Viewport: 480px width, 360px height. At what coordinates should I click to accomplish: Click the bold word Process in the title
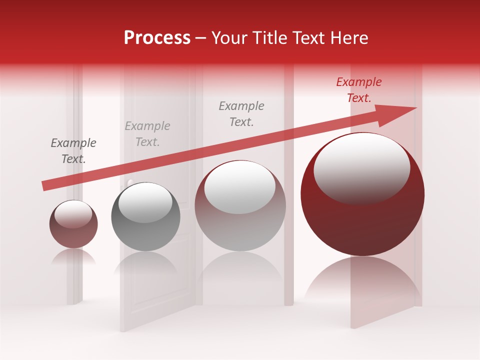[157, 38]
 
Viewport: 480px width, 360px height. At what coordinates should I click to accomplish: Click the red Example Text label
[358, 90]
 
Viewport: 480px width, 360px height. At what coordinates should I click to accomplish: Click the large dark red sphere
[362, 220]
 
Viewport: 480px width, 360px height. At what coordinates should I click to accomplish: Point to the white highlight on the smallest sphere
[73, 214]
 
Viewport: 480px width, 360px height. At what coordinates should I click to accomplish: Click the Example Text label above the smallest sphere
[73, 151]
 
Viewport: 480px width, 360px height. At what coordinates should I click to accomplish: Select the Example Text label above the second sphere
[147, 134]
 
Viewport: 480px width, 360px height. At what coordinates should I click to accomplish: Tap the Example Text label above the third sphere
[241, 113]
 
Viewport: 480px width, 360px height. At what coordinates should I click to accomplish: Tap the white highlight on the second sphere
[145, 202]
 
